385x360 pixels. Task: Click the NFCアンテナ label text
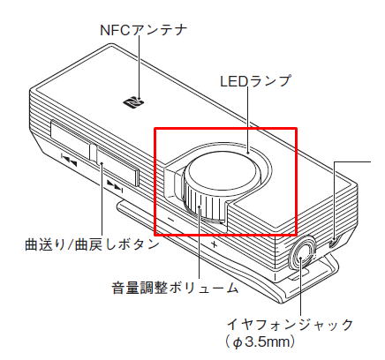(x=143, y=30)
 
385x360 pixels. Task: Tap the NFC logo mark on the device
(x=133, y=101)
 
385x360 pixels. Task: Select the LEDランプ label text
(x=255, y=81)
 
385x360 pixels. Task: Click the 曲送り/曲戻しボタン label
(x=92, y=244)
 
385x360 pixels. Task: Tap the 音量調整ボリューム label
(x=175, y=289)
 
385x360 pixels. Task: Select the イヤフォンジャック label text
(x=290, y=325)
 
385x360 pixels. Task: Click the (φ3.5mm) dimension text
(x=260, y=342)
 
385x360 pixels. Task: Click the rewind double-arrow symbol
(x=69, y=160)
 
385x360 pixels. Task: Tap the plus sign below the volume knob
(x=215, y=244)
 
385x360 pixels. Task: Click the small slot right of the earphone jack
(x=334, y=243)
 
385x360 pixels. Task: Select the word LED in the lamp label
(x=234, y=81)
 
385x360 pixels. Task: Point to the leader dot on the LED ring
(x=248, y=154)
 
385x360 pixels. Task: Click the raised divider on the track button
(x=93, y=153)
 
